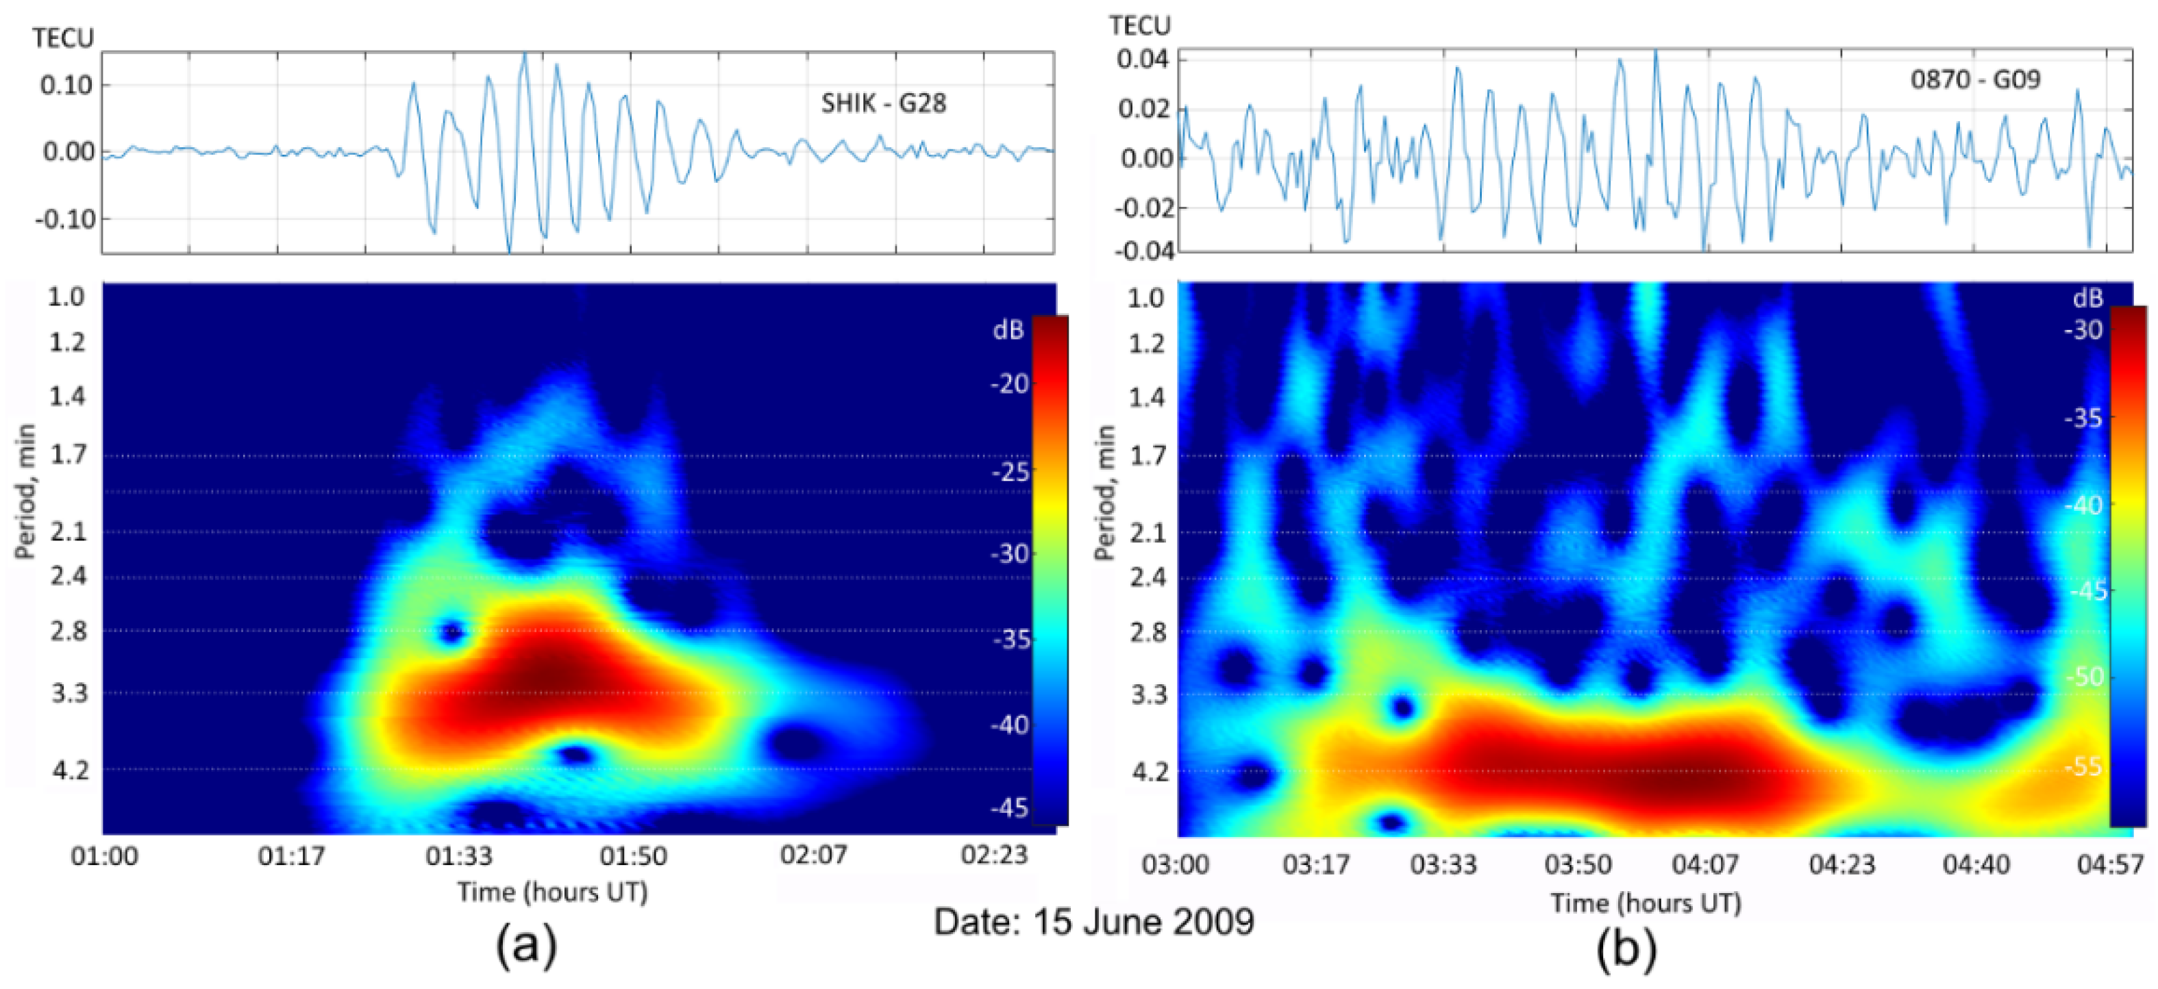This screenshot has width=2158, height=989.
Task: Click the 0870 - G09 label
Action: point(1974,79)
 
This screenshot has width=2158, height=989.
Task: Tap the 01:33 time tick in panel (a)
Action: point(458,856)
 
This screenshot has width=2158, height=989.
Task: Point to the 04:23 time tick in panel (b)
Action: point(1841,864)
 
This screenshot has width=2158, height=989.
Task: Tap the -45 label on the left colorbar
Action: point(1010,808)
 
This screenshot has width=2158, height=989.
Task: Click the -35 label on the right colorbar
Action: point(2083,418)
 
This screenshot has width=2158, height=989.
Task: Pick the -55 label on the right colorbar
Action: point(2083,767)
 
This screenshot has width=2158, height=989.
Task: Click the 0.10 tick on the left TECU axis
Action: point(66,86)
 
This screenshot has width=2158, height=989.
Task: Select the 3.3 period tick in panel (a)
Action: point(69,693)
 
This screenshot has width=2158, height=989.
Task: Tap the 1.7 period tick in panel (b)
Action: point(1147,456)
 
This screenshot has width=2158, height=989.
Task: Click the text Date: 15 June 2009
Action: point(1094,922)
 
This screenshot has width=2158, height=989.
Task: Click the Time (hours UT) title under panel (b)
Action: point(1646,903)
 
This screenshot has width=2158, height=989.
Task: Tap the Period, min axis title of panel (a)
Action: point(26,492)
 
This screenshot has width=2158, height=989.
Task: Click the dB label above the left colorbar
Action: point(1008,330)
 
